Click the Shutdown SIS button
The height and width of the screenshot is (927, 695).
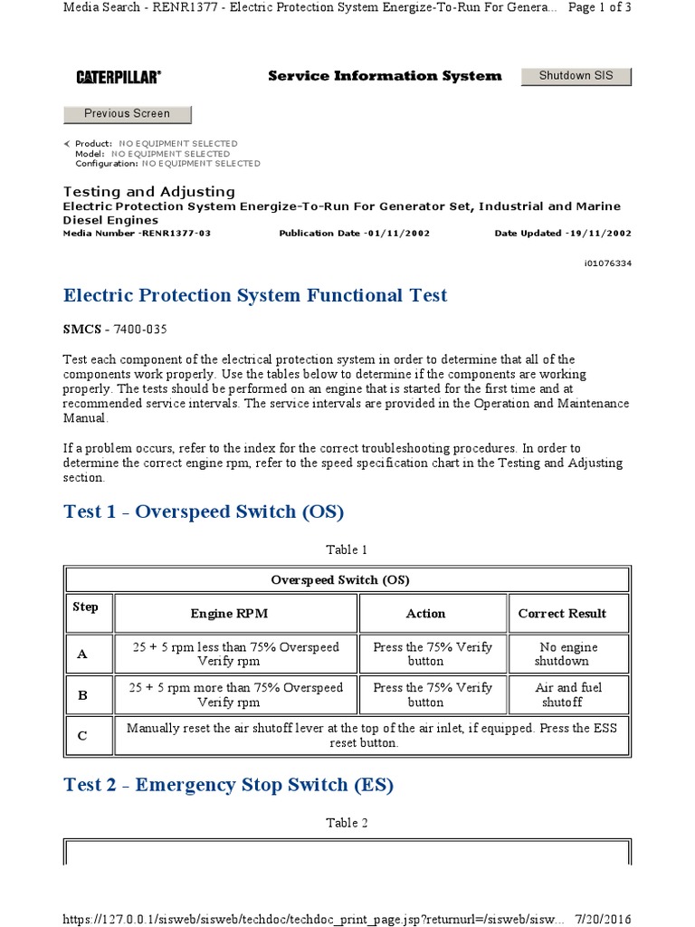tap(576, 76)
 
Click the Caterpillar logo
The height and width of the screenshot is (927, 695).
tap(119, 78)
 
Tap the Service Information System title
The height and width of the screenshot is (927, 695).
tap(384, 76)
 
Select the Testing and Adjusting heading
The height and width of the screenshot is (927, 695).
tap(148, 192)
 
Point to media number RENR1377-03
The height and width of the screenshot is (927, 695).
tap(137, 234)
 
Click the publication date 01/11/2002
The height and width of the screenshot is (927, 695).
tap(354, 234)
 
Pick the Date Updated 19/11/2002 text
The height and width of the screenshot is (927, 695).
tap(562, 234)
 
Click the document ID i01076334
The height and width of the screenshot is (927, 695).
tap(608, 263)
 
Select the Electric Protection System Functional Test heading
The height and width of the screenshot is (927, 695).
tap(255, 296)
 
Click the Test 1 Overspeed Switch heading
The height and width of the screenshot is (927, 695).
tap(204, 511)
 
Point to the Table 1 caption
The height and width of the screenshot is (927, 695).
tap(347, 550)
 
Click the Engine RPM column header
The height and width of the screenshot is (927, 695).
tap(229, 614)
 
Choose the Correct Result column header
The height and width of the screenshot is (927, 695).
tap(562, 614)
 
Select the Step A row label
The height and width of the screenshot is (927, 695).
tap(81, 654)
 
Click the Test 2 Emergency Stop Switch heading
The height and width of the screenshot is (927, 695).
tap(228, 785)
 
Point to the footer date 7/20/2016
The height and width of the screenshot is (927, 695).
tap(605, 919)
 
